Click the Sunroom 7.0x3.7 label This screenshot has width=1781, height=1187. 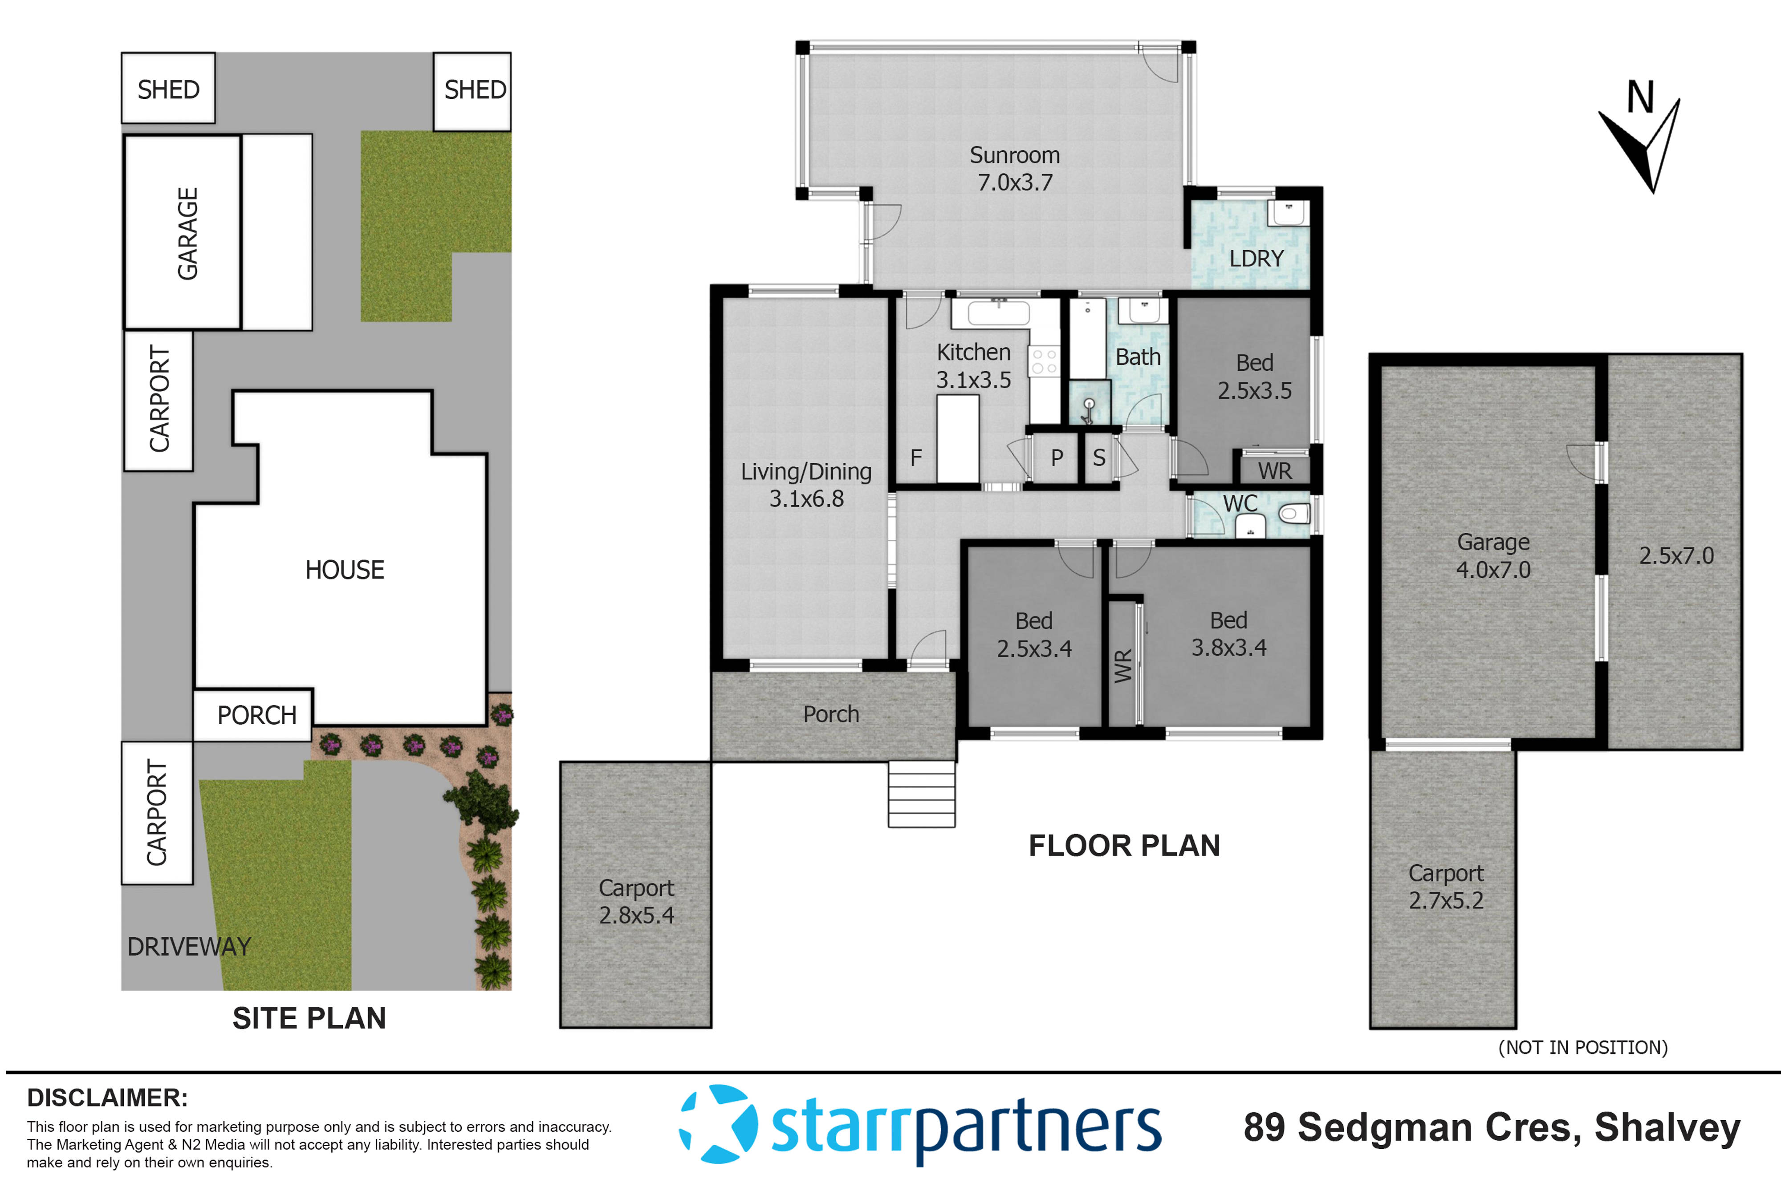click(x=1015, y=168)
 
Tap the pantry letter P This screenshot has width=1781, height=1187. click(x=1057, y=457)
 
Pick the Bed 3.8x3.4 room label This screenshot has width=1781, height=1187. click(x=1228, y=634)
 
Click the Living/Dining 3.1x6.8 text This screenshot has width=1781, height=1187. click(x=806, y=485)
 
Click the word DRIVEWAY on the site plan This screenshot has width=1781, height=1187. click(x=188, y=946)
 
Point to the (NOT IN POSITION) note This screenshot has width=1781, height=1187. click(x=1582, y=1047)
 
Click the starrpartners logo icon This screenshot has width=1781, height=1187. click(x=717, y=1123)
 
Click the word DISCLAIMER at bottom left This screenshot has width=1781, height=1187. click(x=107, y=1098)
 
